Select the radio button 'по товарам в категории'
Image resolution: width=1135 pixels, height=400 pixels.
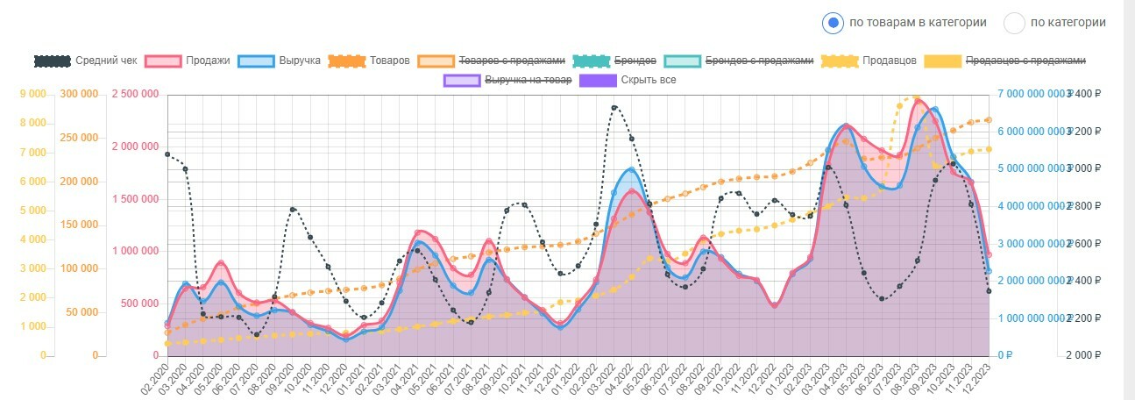coord(834,23)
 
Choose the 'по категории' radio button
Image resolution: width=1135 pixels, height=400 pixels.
coord(1014,23)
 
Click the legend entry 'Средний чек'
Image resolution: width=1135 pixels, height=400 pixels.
coord(86,61)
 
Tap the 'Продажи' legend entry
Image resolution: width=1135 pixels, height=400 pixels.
coord(188,61)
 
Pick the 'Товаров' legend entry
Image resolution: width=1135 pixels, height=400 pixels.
coord(369,61)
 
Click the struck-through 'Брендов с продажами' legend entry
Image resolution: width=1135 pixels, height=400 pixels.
coord(739,61)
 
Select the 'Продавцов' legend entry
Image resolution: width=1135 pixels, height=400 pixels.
coord(869,61)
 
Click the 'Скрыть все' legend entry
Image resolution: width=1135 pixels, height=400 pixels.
coord(628,80)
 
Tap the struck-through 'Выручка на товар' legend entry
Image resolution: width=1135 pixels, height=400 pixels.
coord(508,80)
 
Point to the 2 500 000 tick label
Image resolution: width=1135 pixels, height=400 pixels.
coord(136,94)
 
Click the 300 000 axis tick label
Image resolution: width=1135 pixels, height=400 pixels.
coord(78,94)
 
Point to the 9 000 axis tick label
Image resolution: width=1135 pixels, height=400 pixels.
coord(32,94)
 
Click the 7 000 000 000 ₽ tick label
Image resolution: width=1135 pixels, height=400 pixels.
coord(1030,94)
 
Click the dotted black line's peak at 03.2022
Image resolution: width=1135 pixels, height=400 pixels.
coord(614,108)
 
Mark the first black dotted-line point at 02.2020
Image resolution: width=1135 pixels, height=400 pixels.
coord(167,154)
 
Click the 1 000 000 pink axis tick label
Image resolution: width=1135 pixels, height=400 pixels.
coord(136,251)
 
